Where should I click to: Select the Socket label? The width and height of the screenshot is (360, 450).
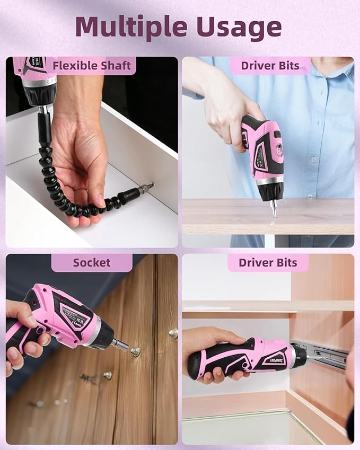[x=92, y=263]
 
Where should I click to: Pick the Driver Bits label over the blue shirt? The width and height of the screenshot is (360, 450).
[x=270, y=66]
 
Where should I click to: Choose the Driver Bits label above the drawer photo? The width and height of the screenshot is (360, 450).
[x=268, y=263]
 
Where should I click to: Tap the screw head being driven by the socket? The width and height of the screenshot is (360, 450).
[x=136, y=351]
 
